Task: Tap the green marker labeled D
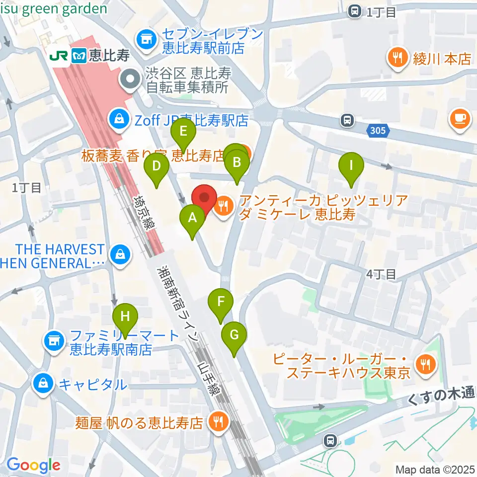pos(157,166)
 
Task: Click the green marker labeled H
pos(125,317)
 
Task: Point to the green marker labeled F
pos(221,302)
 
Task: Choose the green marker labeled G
pos(234,335)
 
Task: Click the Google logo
pos(33,465)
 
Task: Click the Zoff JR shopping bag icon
pos(119,119)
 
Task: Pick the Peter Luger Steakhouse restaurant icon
pos(424,363)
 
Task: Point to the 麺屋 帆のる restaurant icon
pos(218,422)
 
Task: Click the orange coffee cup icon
pos(459,118)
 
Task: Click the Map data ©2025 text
pos(435,469)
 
